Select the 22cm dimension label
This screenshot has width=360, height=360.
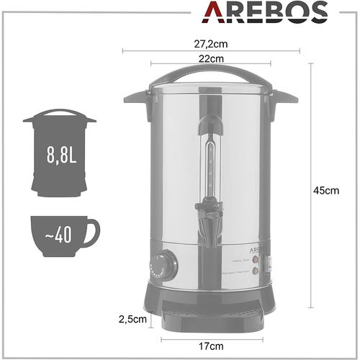tap(211, 58)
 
